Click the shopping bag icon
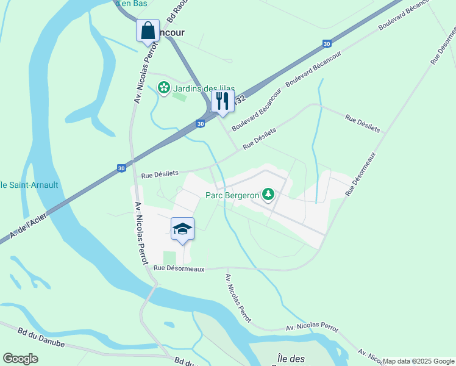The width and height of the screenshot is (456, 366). (x=148, y=30)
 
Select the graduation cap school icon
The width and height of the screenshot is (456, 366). (x=182, y=229)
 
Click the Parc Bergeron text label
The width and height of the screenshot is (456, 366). (x=231, y=195)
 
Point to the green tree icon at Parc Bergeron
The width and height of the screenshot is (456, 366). (x=268, y=195)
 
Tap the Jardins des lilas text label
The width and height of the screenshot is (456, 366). (x=204, y=88)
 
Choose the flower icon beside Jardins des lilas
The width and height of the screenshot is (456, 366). (x=164, y=88)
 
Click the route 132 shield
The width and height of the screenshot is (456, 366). (x=240, y=98)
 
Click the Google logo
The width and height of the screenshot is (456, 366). (x=20, y=359)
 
